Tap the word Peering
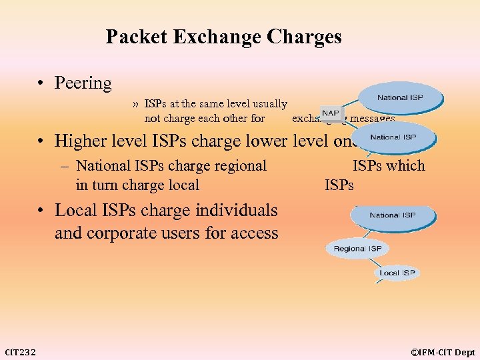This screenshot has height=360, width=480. click(x=83, y=83)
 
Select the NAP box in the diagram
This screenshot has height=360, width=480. click(x=331, y=113)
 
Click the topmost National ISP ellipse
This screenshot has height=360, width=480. click(x=399, y=98)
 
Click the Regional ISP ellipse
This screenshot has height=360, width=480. click(x=359, y=249)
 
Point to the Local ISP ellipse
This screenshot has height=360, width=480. click(x=397, y=273)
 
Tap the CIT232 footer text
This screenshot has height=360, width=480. click(x=21, y=352)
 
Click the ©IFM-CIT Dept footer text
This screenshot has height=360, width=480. click(x=443, y=352)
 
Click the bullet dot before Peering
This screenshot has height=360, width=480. click(x=41, y=84)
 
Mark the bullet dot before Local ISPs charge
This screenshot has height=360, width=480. click(x=41, y=211)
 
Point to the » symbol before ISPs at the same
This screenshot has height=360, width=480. click(x=135, y=105)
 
